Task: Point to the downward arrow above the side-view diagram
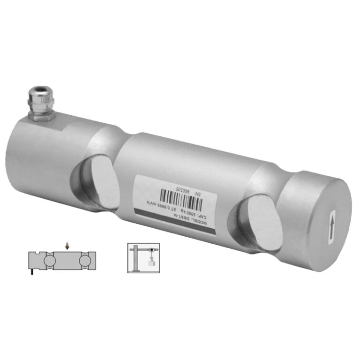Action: click(67, 245)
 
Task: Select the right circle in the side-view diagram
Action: click(85, 259)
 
